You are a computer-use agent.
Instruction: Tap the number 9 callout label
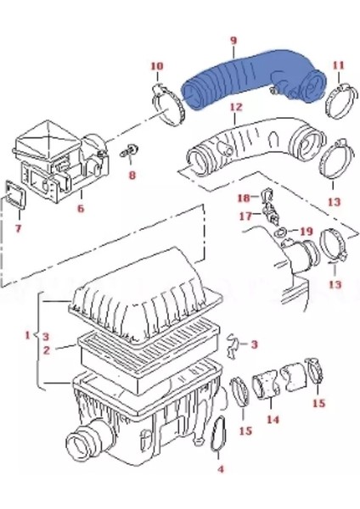coord(233,40)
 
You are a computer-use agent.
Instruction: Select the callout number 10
coord(157,65)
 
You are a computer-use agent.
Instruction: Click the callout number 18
coord(242,198)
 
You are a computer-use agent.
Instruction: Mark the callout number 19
coord(307,231)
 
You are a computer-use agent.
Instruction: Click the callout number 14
coord(272,418)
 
